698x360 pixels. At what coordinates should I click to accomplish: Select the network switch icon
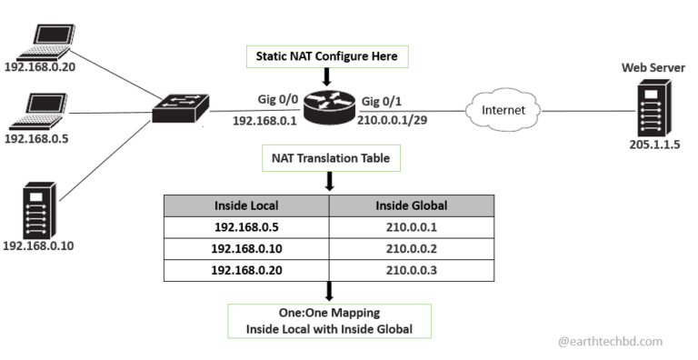[180, 111]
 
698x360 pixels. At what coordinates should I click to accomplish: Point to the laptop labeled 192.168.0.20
[45, 39]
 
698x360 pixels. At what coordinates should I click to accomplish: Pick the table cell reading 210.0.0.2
[411, 248]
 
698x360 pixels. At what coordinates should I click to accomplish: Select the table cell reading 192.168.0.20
[245, 270]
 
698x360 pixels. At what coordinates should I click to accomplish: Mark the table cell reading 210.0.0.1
[411, 226]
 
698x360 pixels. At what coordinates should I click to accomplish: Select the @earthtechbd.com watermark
[610, 342]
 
